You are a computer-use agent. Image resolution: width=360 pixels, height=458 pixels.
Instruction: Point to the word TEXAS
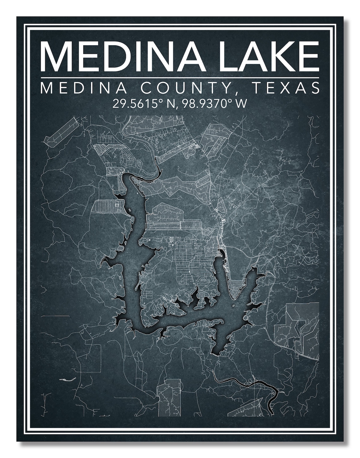click(286, 88)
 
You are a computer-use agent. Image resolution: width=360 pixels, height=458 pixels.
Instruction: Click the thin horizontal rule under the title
click(180, 77)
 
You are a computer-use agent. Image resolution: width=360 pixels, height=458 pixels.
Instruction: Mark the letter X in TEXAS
click(286, 88)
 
